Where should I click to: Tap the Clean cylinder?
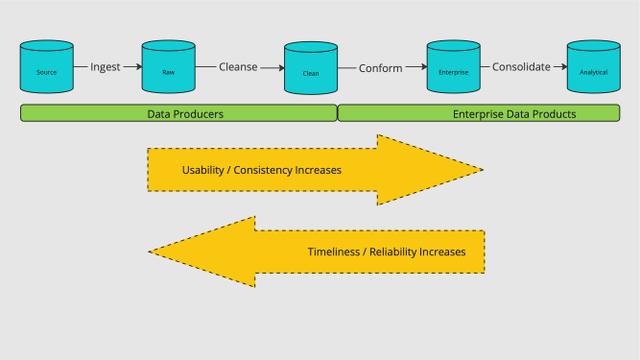310,70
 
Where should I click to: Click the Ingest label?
106,67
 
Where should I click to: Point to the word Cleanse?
239,67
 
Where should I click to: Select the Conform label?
381,68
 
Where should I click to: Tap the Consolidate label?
521,67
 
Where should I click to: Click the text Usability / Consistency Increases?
262,170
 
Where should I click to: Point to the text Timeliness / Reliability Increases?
386,252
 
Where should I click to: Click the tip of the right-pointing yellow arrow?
481,170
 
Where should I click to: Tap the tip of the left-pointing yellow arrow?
151,252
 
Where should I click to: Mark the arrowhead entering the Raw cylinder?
138,68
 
